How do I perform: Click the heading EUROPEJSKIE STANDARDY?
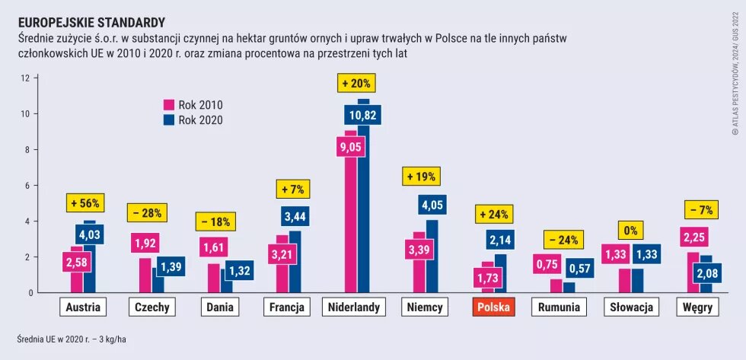coord(91,23)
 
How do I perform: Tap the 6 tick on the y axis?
coord(25,186)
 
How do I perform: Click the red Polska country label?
coord(493,307)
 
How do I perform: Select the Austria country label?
coord(82,307)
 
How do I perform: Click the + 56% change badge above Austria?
coord(84,204)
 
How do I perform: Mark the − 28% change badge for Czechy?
coord(147,213)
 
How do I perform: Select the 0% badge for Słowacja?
coord(630,231)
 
